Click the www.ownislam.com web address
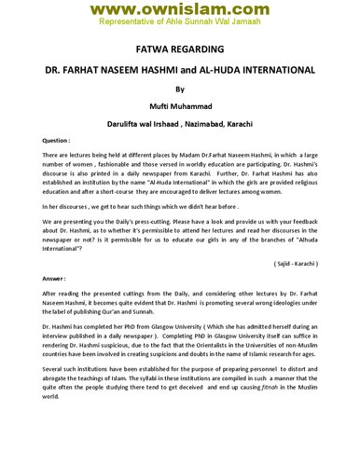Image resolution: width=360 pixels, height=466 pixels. (x=179, y=9)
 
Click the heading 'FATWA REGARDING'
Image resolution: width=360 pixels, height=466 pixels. (x=179, y=50)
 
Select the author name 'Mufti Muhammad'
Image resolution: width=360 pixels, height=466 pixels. (x=179, y=108)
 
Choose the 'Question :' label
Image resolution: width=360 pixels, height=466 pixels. (x=58, y=139)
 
